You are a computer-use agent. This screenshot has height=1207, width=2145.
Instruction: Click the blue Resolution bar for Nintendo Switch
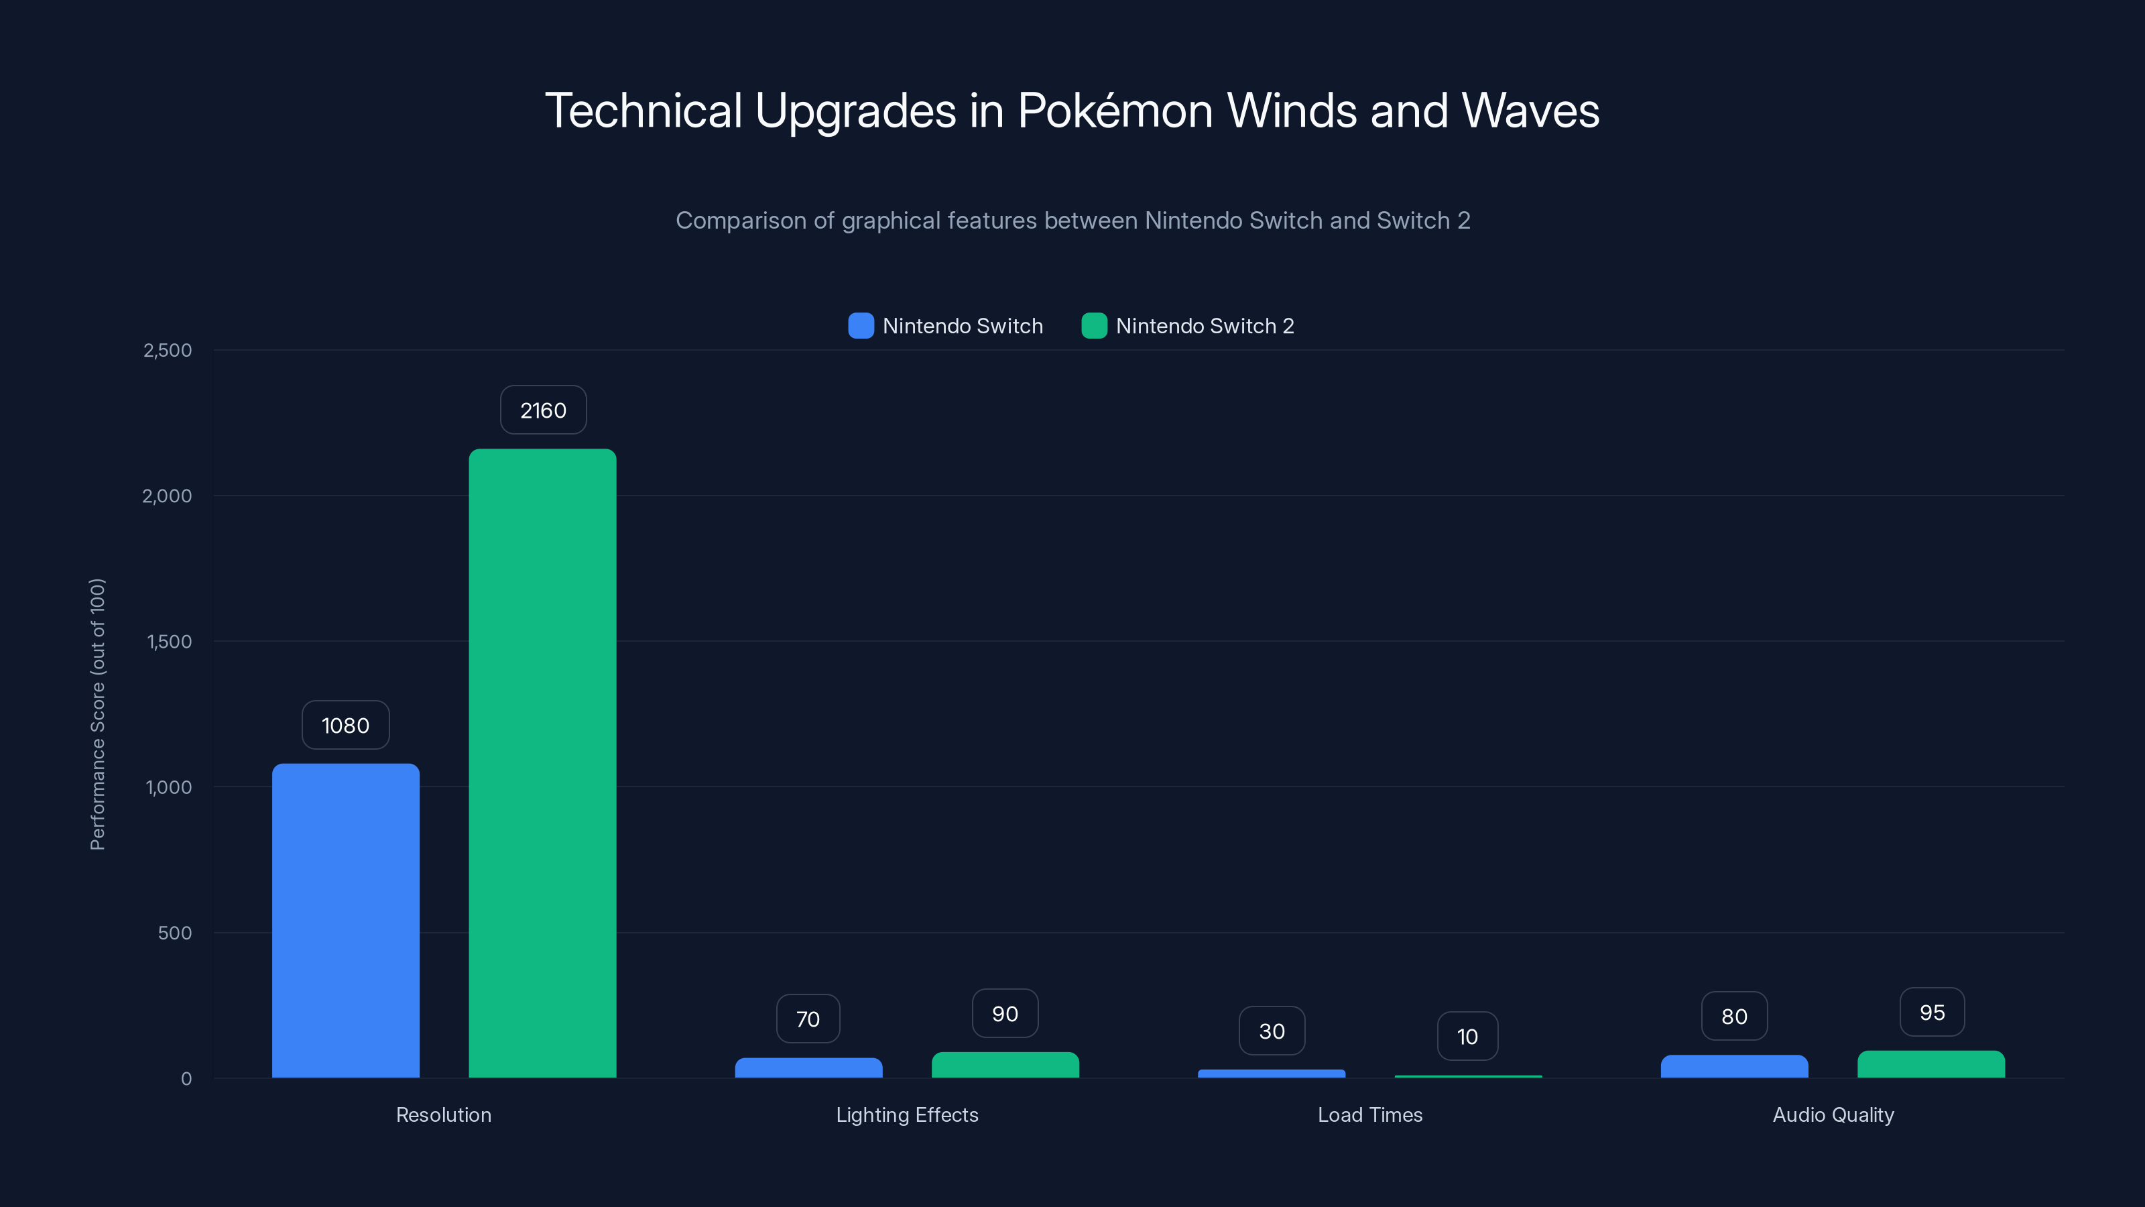[346, 921]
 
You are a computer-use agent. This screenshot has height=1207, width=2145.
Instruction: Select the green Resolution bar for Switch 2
[542, 763]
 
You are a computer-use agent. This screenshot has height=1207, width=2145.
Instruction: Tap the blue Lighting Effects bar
[808, 1068]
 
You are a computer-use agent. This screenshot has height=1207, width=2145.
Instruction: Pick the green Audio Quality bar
[1931, 1065]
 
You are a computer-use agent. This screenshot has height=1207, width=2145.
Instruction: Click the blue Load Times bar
[1272, 1074]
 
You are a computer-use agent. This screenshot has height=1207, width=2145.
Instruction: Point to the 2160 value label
[543, 410]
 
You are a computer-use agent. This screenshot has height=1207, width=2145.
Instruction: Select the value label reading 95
[1932, 1012]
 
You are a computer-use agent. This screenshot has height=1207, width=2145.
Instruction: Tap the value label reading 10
[1467, 1036]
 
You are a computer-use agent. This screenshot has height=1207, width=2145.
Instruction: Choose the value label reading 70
[808, 1019]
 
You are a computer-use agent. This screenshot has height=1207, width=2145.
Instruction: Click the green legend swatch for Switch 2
[1094, 326]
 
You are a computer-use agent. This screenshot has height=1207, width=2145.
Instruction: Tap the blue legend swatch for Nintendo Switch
[861, 326]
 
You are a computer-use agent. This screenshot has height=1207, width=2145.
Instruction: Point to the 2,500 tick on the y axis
[168, 350]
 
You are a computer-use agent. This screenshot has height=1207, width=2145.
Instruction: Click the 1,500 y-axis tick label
[169, 642]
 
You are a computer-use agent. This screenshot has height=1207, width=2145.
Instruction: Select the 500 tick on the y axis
[175, 933]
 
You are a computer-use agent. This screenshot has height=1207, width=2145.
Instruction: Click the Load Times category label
[1369, 1114]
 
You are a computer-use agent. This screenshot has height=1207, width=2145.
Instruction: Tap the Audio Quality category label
[1833, 1114]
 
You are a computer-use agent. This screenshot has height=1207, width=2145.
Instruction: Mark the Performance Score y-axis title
[97, 714]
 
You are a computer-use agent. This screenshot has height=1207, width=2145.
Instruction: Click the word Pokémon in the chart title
[1116, 111]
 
